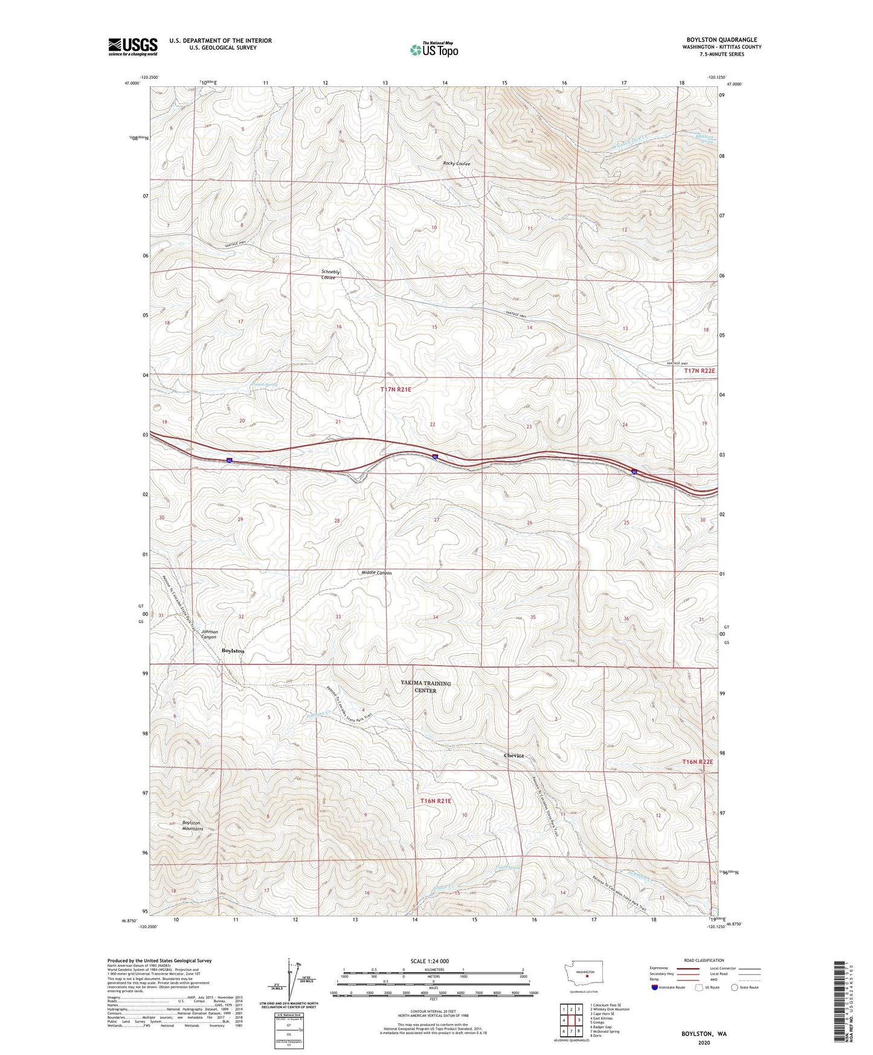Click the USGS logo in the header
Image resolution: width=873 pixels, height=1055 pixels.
click(x=133, y=47)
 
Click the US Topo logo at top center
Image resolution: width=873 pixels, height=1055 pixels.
click(x=433, y=50)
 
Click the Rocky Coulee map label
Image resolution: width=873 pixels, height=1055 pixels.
click(x=456, y=164)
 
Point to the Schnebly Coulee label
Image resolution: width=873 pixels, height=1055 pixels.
click(x=330, y=275)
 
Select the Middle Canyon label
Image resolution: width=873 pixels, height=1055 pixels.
click(x=376, y=572)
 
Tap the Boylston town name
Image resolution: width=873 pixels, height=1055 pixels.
click(x=233, y=651)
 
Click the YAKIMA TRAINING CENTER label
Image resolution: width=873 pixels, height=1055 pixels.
click(x=426, y=687)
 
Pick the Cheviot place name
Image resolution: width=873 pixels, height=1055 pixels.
click(x=514, y=756)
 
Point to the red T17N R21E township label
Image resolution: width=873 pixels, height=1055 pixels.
click(x=396, y=390)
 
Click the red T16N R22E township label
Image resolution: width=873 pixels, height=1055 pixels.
click(x=697, y=762)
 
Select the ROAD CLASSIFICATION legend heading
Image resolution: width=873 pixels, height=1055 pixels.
click(x=704, y=960)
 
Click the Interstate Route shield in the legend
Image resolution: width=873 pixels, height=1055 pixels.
click(x=655, y=987)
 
